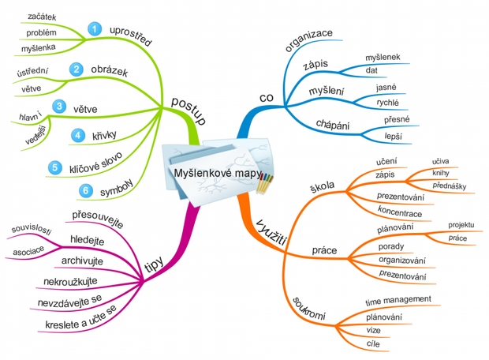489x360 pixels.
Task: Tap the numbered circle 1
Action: [x=94, y=29]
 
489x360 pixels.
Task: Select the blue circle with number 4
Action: [x=77, y=135]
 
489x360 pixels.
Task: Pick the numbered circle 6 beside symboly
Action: [x=85, y=190]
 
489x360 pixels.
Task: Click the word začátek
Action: [x=42, y=16]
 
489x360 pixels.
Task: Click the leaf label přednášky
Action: [x=449, y=185]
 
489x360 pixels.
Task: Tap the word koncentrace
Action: [x=400, y=213]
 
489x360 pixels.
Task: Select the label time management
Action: [x=398, y=299]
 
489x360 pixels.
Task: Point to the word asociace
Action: [x=29, y=252]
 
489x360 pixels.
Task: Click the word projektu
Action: [x=461, y=224]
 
